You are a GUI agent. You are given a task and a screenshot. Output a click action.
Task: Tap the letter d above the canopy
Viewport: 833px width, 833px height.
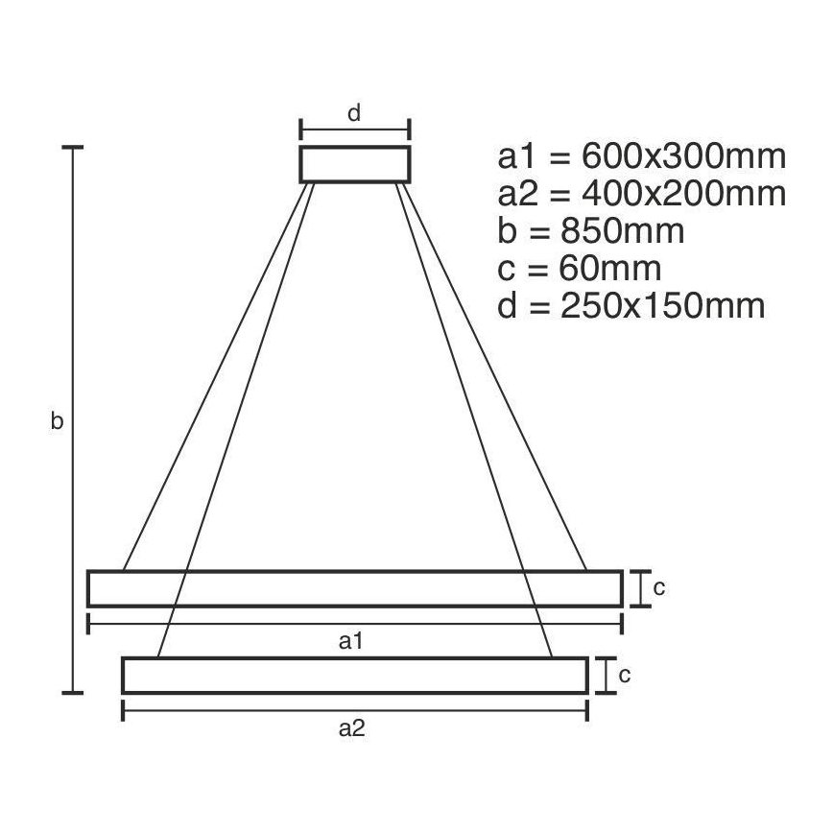coord(354,113)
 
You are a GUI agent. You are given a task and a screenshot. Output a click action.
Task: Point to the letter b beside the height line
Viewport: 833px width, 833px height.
coord(57,420)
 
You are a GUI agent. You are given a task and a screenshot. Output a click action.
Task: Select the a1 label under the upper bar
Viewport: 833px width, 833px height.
coord(350,641)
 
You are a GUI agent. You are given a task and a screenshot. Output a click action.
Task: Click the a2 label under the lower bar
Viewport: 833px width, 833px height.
coord(351,728)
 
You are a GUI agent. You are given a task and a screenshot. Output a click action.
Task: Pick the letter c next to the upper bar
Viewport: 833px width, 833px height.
coord(658,587)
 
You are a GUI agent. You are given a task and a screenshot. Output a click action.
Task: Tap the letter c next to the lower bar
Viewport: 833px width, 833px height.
coord(625,675)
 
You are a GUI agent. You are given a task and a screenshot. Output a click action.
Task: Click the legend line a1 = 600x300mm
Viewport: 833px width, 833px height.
coord(642,156)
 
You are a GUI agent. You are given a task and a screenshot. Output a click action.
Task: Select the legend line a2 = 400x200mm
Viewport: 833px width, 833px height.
coord(642,194)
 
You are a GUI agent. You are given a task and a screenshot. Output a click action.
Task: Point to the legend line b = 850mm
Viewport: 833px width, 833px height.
coord(591,230)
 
